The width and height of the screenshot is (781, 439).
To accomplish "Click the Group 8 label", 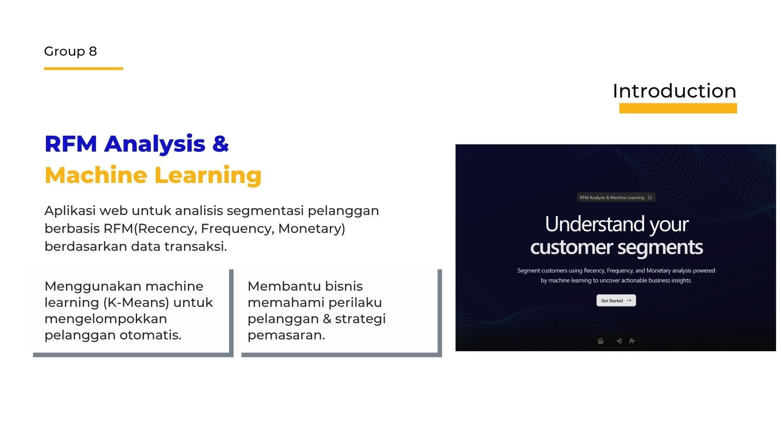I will point(70,51).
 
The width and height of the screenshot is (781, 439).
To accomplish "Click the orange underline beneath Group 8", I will point(83,69).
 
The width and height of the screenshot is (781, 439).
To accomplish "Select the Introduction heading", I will point(674,91).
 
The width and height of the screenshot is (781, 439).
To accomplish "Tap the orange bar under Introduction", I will point(678,109).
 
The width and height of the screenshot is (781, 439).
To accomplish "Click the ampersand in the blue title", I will point(220,144).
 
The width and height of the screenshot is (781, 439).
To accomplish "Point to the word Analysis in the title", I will point(155,144).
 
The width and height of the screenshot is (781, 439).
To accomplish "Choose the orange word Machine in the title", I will point(96,175).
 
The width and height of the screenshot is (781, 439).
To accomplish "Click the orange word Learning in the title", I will point(207,175).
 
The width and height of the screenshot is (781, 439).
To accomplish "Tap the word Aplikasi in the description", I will point(70,211).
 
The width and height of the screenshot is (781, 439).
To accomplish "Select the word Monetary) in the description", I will point(312,229).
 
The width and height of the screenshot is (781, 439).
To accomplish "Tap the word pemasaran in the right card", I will point(286,335).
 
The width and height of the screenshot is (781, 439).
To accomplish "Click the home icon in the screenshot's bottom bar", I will point(600,341).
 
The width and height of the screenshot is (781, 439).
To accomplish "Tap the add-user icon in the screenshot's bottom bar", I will point(632,341).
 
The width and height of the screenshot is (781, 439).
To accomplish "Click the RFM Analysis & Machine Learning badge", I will point(615,198).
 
